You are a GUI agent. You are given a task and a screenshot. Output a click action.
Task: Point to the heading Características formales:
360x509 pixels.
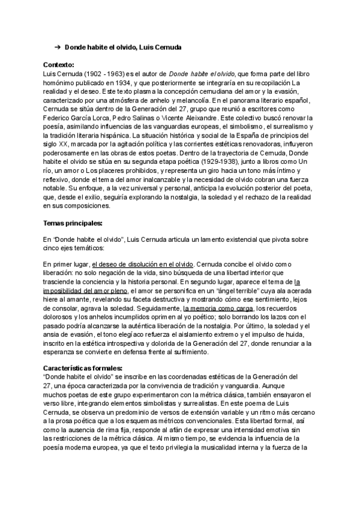coord(83,367)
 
